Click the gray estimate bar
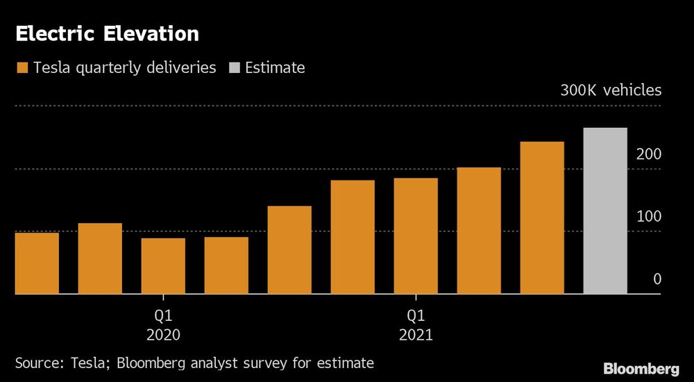(605, 211)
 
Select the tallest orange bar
(542, 218)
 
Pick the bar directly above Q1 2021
(416, 236)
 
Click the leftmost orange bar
(37, 263)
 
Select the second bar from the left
(100, 258)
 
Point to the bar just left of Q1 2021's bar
(353, 237)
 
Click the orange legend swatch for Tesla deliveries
(21, 68)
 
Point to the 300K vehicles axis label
(611, 90)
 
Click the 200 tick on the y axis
(649, 154)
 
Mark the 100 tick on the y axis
(649, 217)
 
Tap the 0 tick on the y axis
(657, 279)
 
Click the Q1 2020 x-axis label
(163, 324)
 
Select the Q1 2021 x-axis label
(416, 324)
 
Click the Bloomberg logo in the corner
(641, 367)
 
